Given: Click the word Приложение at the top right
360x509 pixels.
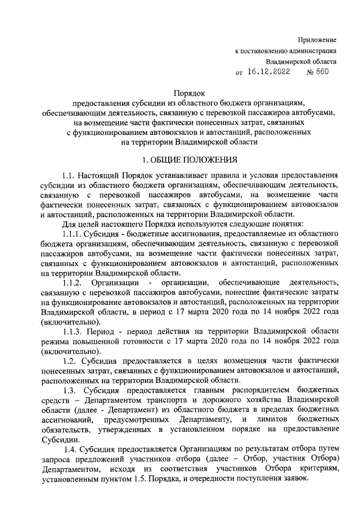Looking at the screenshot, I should pyautogui.click(x=317, y=40).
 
